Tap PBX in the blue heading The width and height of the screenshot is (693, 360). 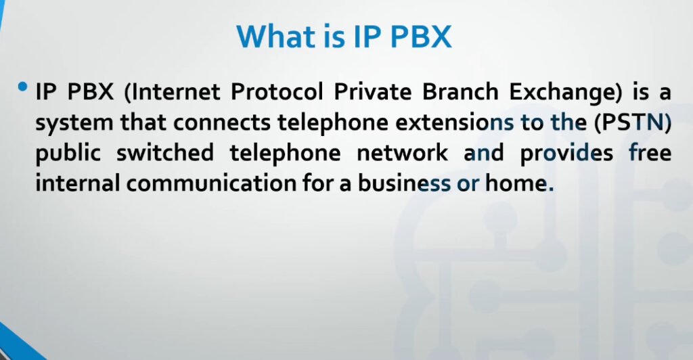click(421, 37)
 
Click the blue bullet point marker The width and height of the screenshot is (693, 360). click(22, 87)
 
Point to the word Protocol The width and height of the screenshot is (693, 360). click(277, 92)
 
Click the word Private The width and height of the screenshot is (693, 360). click(373, 92)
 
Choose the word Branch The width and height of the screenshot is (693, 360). click(460, 92)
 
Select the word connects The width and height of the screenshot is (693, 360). click(221, 122)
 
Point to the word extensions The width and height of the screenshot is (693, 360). click(455, 122)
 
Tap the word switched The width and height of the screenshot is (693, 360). click(165, 153)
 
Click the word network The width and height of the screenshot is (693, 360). click(402, 153)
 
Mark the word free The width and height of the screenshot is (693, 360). click(650, 153)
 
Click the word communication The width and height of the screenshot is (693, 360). click(211, 183)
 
